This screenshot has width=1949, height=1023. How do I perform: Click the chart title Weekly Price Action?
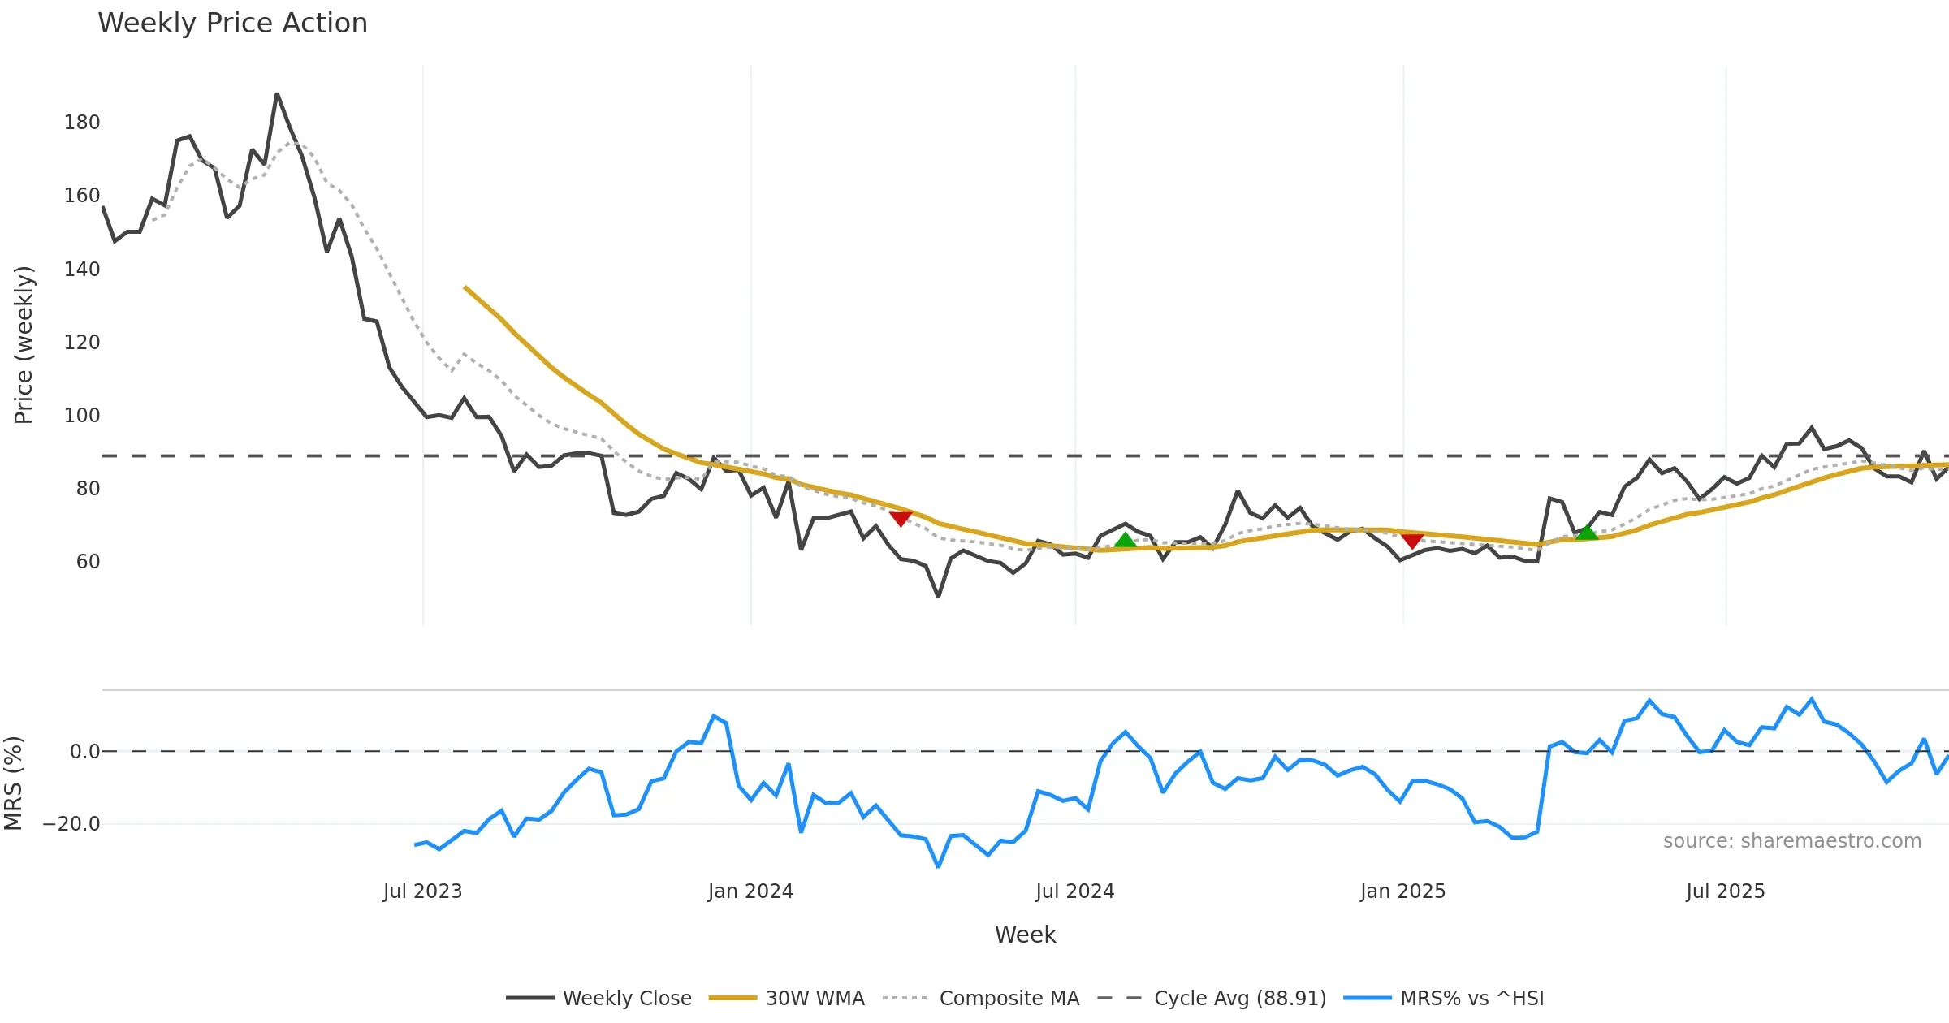coord(232,24)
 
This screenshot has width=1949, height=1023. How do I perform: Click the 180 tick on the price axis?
coord(82,123)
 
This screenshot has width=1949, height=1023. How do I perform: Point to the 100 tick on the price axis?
coord(82,416)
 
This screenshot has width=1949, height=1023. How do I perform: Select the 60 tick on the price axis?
coord(88,562)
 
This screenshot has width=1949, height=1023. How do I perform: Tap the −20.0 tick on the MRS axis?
coord(71,824)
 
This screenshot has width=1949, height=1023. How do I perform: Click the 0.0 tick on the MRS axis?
coord(85,752)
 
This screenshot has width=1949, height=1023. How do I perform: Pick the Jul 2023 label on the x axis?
coord(422,891)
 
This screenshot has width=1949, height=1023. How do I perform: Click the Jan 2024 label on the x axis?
coord(750,891)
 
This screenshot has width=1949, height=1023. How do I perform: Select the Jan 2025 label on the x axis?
coord(1402,891)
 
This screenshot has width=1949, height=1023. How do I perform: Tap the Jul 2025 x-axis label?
coord(1725,891)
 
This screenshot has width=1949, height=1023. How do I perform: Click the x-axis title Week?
coord(1025,935)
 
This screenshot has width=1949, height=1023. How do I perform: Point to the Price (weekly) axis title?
coord(24,345)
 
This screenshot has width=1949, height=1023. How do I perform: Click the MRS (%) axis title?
coord(13,783)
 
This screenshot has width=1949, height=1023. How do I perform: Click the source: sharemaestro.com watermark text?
coord(1791,841)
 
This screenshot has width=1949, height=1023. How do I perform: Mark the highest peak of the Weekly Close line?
coord(277,94)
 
